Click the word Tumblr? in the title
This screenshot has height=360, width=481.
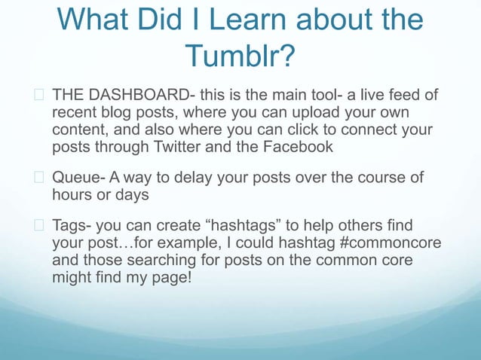240,55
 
